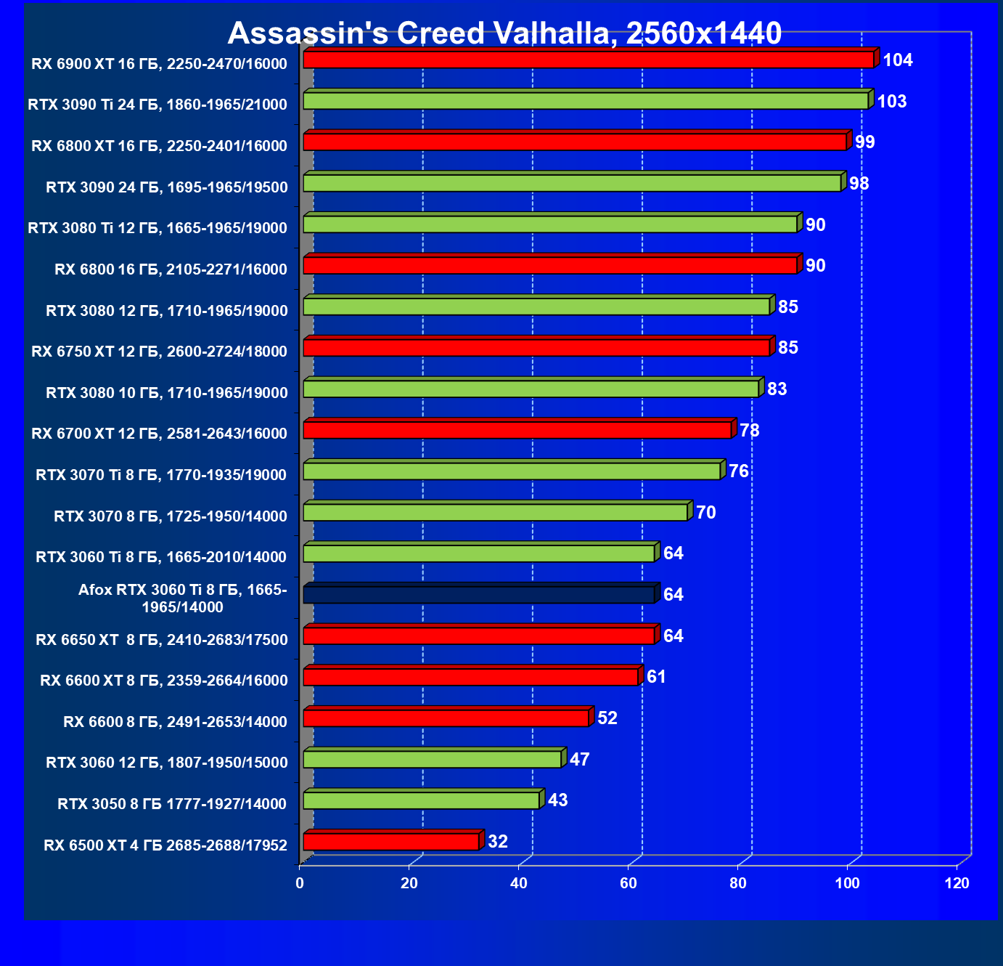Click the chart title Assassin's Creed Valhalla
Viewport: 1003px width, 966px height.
pyautogui.click(x=504, y=33)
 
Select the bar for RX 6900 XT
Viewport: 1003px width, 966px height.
pyautogui.click(x=588, y=60)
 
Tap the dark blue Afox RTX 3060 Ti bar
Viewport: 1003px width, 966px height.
pyautogui.click(x=479, y=595)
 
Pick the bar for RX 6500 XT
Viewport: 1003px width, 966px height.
pyautogui.click(x=391, y=842)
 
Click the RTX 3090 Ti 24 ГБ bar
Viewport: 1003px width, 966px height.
pyautogui.click(x=586, y=101)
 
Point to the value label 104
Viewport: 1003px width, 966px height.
pyautogui.click(x=898, y=60)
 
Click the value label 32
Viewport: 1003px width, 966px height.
pyautogui.click(x=498, y=842)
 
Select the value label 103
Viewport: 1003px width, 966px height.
pyautogui.click(x=892, y=102)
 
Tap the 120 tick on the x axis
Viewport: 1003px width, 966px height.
pyautogui.click(x=957, y=883)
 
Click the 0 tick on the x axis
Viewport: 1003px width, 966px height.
pyautogui.click(x=300, y=883)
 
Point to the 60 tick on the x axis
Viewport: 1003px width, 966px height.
pyautogui.click(x=629, y=883)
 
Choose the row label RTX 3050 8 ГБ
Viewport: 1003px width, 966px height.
pyautogui.click(x=172, y=804)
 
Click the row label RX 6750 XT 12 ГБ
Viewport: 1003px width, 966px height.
pyautogui.click(x=159, y=352)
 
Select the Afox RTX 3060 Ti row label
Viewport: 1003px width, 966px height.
pyautogui.click(x=182, y=598)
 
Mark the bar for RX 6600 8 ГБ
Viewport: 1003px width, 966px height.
pyautogui.click(x=446, y=718)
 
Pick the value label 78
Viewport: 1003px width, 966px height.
pyautogui.click(x=750, y=431)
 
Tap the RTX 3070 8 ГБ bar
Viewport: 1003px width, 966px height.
pyautogui.click(x=495, y=513)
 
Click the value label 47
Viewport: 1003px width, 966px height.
pyautogui.click(x=580, y=760)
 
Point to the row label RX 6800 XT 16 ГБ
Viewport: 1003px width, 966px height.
pyautogui.click(x=159, y=146)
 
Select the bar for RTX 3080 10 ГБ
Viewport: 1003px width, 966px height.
pyautogui.click(x=531, y=389)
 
